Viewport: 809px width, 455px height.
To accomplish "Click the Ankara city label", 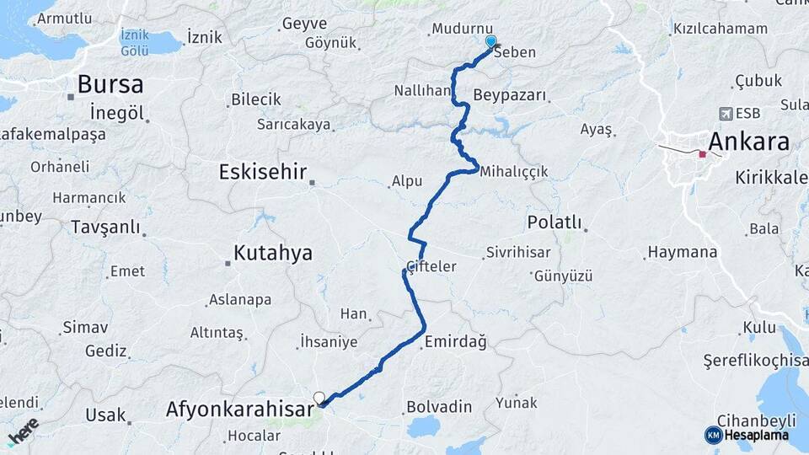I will (x=749, y=141).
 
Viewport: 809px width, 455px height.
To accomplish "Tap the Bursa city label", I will (x=110, y=84).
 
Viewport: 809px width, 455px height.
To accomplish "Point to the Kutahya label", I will (x=272, y=253).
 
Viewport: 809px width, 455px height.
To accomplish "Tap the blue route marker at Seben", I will (x=490, y=41).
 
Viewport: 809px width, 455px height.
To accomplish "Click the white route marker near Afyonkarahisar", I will (x=319, y=398).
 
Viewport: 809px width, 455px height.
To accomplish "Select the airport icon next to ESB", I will (x=726, y=113).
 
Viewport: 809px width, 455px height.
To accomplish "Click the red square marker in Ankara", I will (x=703, y=154).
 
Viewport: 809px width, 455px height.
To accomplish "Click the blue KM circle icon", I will (x=713, y=435).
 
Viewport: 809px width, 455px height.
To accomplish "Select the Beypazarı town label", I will (x=510, y=94).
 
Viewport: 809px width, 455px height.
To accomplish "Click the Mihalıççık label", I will (x=513, y=171).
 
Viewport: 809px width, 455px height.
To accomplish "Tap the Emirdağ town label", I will (x=455, y=341).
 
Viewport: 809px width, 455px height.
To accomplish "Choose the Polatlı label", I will (x=554, y=222).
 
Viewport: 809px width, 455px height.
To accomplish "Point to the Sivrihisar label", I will (x=518, y=253).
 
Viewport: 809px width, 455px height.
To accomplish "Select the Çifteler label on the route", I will (x=431, y=266).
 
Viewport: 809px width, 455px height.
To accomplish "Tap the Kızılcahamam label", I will (x=720, y=29).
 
